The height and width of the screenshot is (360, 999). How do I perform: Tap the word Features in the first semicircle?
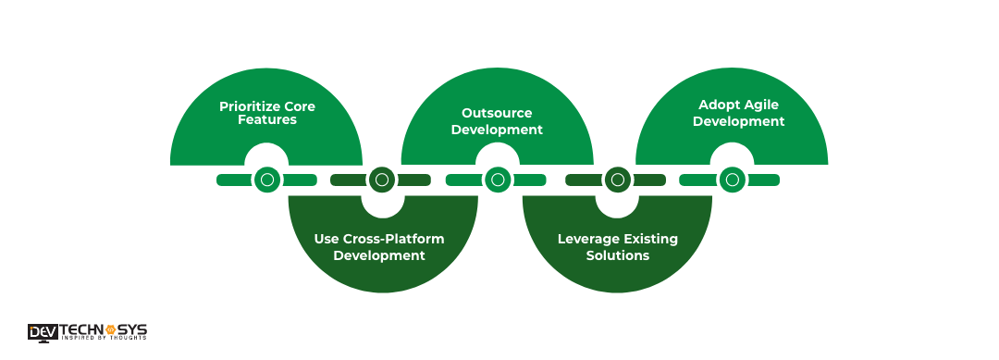click(266, 120)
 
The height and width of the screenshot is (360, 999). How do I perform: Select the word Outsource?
click(497, 114)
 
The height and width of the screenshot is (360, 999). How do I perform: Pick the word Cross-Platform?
click(394, 239)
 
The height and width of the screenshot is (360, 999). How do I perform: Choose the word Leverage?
click(588, 239)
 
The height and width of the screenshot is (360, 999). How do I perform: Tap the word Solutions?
click(617, 254)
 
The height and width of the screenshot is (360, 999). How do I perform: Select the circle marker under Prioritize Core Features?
click(267, 180)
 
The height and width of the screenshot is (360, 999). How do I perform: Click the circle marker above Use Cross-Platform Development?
click(381, 180)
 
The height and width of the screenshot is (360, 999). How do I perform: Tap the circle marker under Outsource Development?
click(497, 180)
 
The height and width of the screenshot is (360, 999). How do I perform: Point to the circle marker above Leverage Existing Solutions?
click(617, 180)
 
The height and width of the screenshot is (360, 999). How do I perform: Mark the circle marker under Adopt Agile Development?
click(732, 180)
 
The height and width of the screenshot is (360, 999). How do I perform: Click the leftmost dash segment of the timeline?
click(233, 180)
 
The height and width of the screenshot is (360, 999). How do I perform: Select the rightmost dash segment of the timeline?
click(765, 180)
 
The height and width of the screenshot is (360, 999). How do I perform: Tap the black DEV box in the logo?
click(42, 331)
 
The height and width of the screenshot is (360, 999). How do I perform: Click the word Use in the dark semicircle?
click(327, 239)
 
